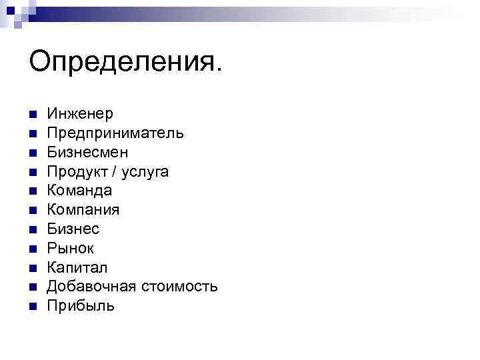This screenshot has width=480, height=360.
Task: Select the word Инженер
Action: click(x=80, y=114)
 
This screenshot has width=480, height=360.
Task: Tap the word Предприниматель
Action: click(x=115, y=133)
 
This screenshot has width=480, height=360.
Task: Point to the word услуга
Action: click(x=146, y=172)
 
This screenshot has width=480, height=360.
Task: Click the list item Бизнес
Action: click(x=73, y=229)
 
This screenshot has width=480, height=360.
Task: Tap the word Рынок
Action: click(x=71, y=249)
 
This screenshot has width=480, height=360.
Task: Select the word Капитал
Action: click(x=77, y=268)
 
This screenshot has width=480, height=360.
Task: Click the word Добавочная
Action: click(x=92, y=287)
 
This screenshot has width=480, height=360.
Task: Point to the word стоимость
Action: click(x=179, y=287)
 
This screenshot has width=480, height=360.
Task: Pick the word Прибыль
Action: click(x=81, y=306)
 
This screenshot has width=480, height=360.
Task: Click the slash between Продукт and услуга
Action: click(x=115, y=172)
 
